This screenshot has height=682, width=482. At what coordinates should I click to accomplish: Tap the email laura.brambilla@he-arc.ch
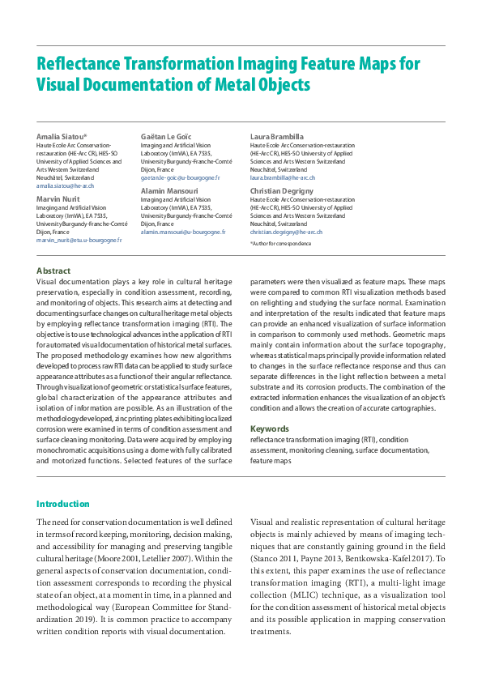(x=283, y=177)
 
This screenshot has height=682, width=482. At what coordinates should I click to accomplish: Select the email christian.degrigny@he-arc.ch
(x=286, y=232)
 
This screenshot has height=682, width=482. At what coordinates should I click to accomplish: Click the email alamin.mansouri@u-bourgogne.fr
(x=182, y=232)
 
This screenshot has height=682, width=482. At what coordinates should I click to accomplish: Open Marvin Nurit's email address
(x=79, y=241)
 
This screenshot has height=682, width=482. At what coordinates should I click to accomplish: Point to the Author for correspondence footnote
(x=279, y=243)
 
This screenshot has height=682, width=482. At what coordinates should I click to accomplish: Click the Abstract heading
(x=53, y=271)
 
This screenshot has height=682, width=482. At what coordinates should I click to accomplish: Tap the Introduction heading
(x=63, y=504)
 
